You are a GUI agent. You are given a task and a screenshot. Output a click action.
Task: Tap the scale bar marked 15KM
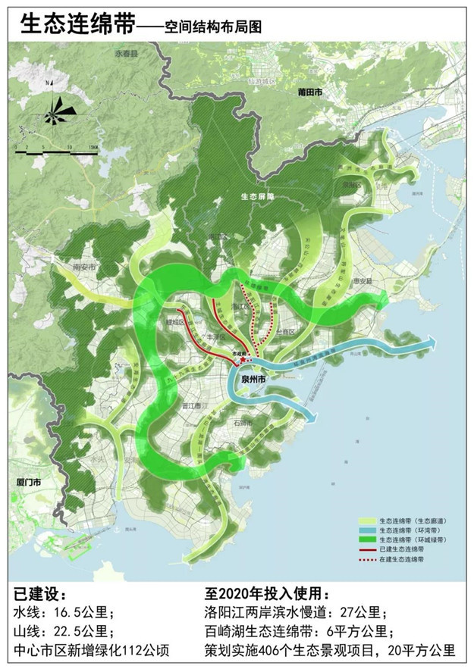tap(57, 151)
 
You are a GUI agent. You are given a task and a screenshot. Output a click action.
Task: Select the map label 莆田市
tap(309, 91)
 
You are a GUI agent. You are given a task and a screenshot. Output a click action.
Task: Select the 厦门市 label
tap(27, 480)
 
